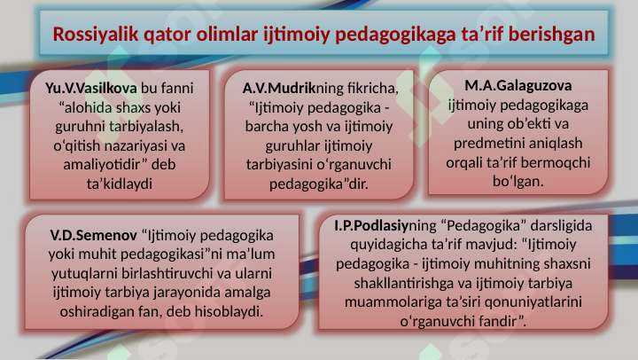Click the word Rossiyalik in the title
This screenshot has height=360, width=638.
[96, 35]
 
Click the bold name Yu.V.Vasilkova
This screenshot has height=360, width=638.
[90, 88]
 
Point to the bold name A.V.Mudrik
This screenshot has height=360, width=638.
[279, 88]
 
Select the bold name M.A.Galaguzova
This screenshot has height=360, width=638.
[518, 85]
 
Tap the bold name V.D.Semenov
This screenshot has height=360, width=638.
[94, 235]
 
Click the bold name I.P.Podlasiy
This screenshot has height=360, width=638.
[371, 225]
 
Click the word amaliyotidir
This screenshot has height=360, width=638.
[105, 164]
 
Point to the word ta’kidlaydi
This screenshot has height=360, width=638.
[120, 184]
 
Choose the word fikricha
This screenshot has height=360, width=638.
[373, 88]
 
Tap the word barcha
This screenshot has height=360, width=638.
[264, 126]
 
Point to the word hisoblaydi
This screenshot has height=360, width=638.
[229, 311]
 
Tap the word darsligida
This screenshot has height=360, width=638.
[562, 225]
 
